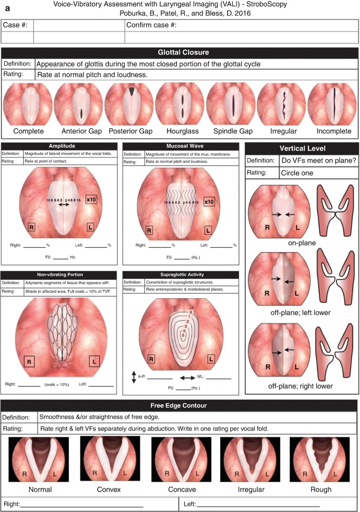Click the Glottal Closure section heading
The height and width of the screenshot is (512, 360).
[x=180, y=53]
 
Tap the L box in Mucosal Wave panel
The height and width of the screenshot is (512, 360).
[x=208, y=229]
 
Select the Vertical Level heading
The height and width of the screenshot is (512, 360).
[x=302, y=149]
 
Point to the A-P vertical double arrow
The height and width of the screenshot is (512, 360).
[x=134, y=377]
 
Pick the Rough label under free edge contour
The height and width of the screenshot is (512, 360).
[x=321, y=489]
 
